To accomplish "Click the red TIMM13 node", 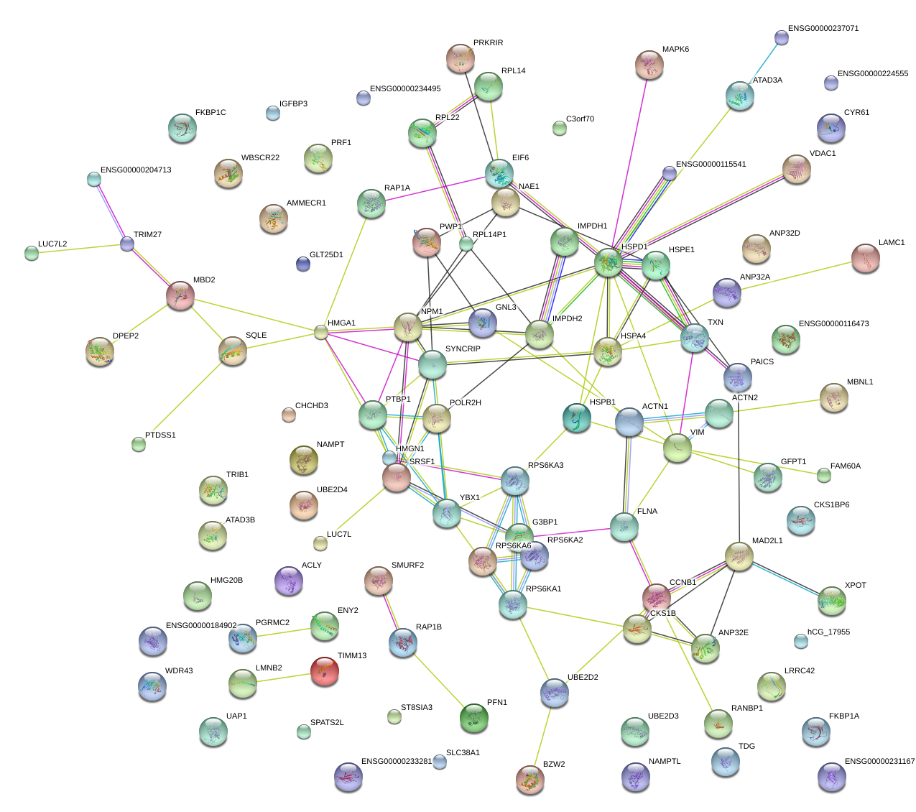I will pyautogui.click(x=325, y=672).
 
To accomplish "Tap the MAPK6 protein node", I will pyautogui.click(x=650, y=65).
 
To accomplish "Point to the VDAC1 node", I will pyautogui.click(x=796, y=169).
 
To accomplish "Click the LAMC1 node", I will pyautogui.click(x=865, y=259).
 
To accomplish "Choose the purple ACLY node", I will pyautogui.click(x=289, y=581).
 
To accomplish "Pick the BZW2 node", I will pyautogui.click(x=530, y=780).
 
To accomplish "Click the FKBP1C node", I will pyautogui.click(x=182, y=129).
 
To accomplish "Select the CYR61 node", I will pyautogui.click(x=831, y=128).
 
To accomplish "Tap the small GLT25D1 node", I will pyautogui.click(x=303, y=264).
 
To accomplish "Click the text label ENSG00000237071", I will pyautogui.click(x=823, y=29).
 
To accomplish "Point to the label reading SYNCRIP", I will pyautogui.click(x=463, y=349).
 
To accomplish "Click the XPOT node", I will pyautogui.click(x=832, y=601).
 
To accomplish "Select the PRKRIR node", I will pyautogui.click(x=460, y=58).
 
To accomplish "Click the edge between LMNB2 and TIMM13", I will pyautogui.click(x=284, y=678).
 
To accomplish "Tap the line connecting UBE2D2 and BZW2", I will pyautogui.click(x=542, y=737).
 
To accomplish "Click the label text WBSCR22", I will pyautogui.click(x=260, y=158).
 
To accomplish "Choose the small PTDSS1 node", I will pyautogui.click(x=139, y=444).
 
